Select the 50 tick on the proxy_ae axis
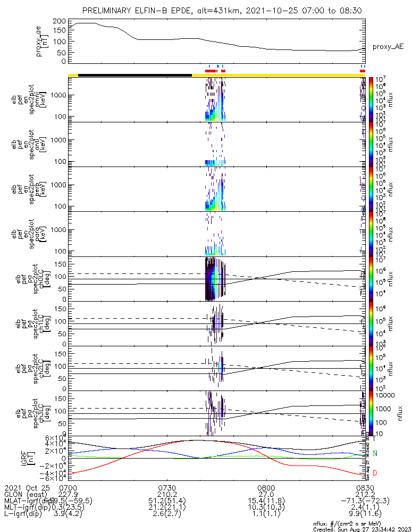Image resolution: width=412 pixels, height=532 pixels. pos(61,52)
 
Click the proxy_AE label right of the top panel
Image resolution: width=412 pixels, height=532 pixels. pos(388,47)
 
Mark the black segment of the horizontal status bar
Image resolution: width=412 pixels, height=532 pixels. pos(134,75)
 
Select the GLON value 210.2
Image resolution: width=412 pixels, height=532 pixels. pos(167,494)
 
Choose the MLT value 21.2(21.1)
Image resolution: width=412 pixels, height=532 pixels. pos(167,507)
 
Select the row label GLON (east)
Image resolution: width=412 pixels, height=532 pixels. pos(24,494)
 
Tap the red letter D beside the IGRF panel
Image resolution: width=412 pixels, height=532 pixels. pos(375,473)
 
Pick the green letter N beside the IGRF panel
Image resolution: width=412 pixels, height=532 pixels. pos(375,453)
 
